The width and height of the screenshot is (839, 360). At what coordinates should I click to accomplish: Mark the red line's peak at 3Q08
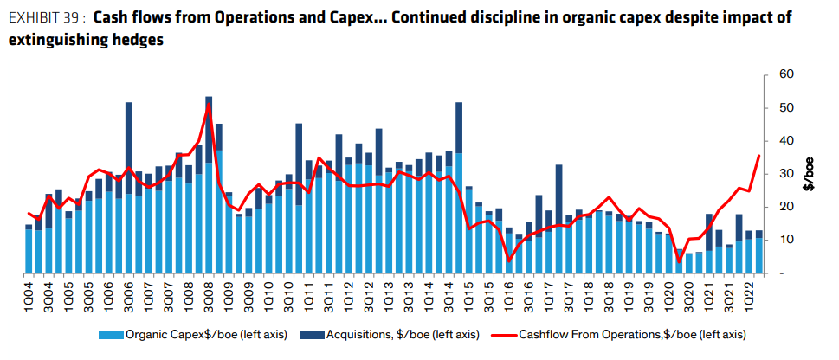coord(209,105)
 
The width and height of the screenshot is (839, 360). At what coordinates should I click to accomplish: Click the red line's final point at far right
coord(759,156)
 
